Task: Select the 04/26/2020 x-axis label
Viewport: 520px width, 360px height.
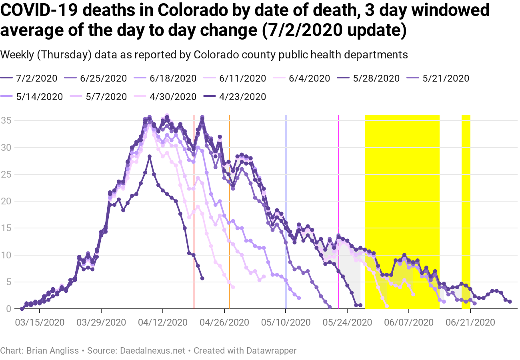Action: point(224,322)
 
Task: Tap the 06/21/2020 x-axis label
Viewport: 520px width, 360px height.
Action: point(470,322)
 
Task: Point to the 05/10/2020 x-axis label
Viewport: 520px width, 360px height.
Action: point(286,322)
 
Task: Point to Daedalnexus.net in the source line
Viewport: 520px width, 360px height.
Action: point(152,351)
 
